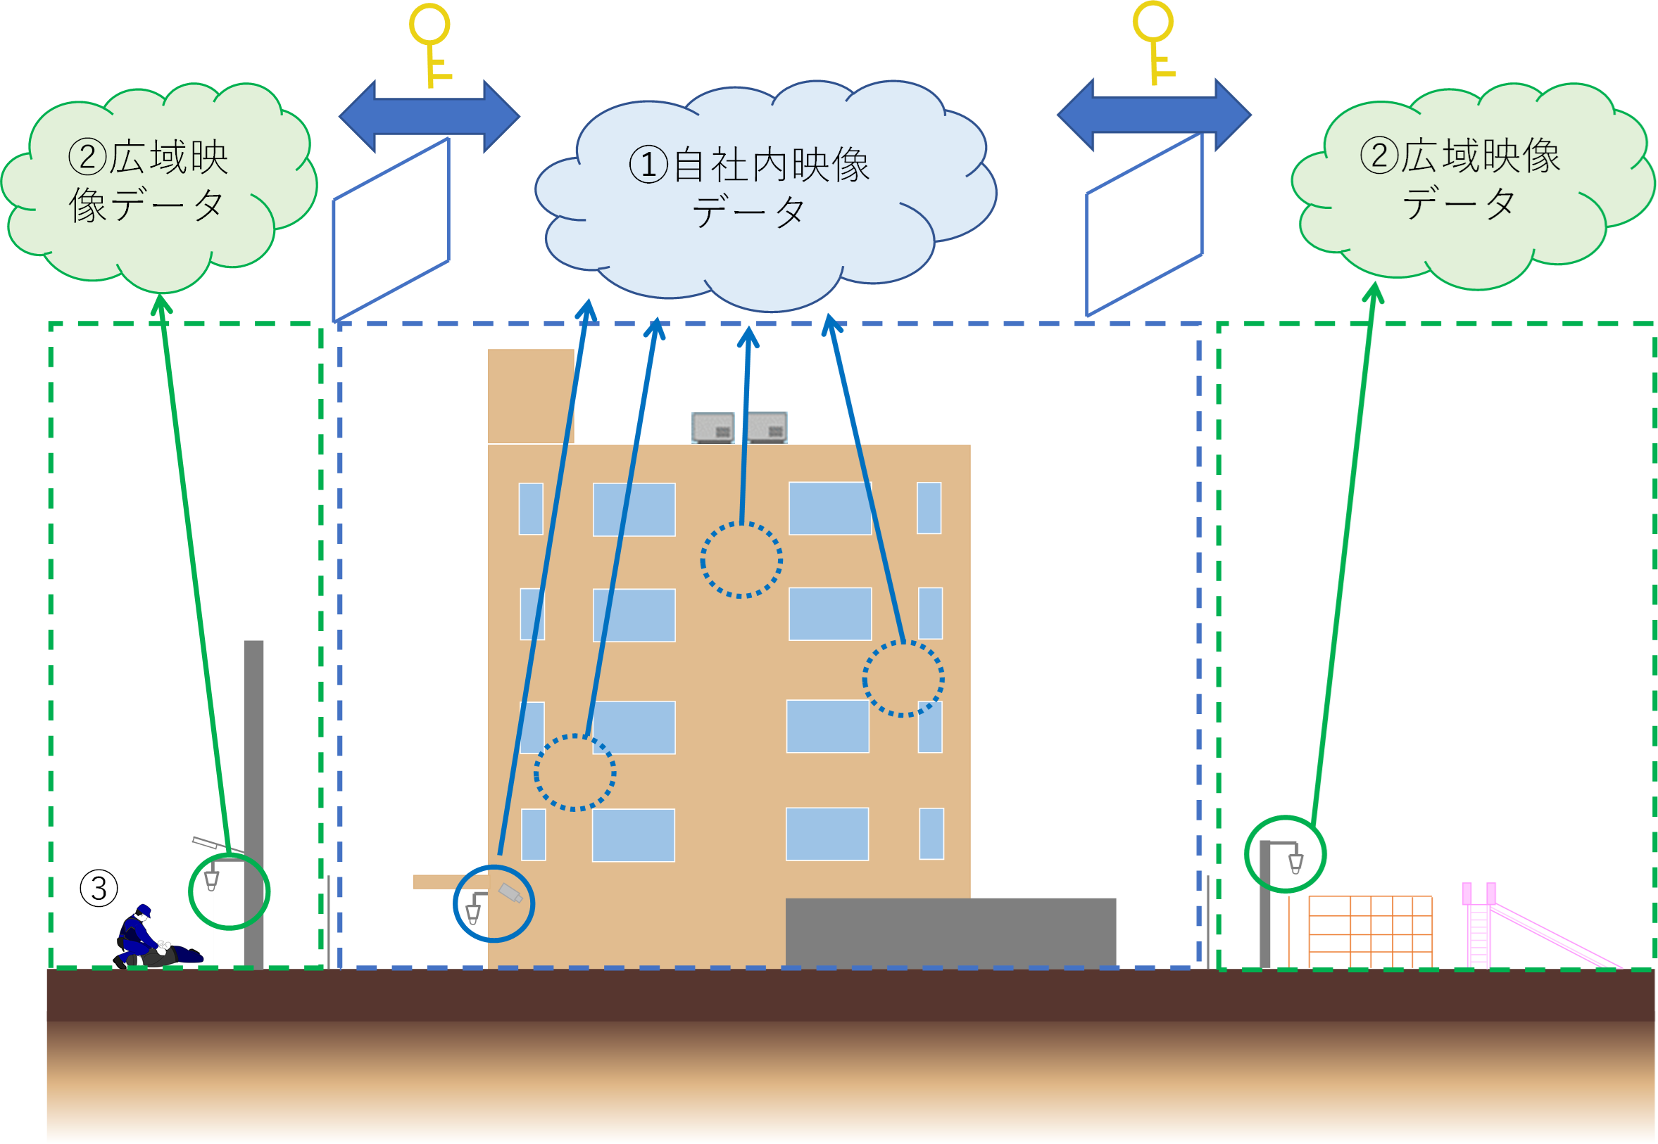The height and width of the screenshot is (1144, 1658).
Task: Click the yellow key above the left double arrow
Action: [430, 43]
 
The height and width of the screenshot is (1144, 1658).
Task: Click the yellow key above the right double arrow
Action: [1155, 42]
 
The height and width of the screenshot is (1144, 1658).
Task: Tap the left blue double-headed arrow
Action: [429, 116]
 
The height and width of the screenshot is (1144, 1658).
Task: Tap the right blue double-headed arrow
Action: [1154, 115]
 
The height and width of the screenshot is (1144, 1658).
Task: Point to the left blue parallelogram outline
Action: [391, 229]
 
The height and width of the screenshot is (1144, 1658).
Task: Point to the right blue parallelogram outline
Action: [1145, 225]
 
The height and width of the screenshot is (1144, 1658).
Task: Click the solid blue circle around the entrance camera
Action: [494, 903]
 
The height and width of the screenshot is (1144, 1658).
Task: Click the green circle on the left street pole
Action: [230, 891]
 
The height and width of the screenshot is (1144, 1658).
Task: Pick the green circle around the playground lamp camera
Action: [1285, 853]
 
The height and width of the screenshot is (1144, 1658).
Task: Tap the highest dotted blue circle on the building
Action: [741, 560]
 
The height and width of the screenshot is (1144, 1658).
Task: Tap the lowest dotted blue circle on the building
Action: [574, 772]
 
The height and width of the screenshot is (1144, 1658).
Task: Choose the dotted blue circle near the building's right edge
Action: [903, 678]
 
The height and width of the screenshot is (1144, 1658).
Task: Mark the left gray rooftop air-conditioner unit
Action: [712, 427]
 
